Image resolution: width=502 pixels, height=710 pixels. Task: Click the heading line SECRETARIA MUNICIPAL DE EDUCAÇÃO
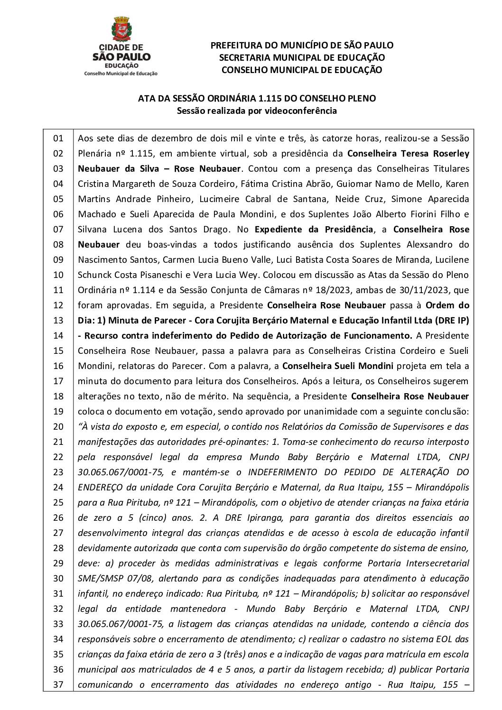coord(302,57)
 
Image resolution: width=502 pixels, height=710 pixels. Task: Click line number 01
coord(58,138)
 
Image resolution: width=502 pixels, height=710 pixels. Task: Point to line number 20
coord(58,427)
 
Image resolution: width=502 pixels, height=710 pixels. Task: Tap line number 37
coord(58,685)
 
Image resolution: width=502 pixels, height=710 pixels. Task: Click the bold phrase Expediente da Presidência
coord(314,230)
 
